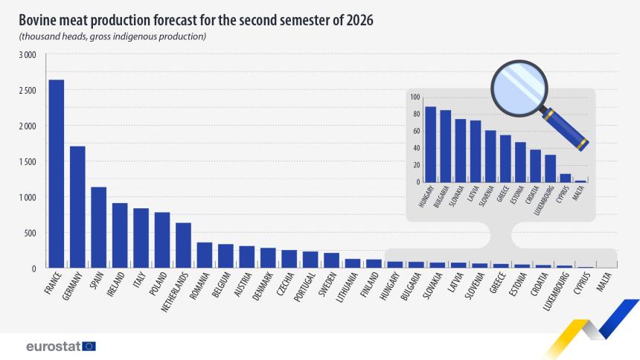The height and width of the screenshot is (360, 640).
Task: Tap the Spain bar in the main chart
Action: [98, 227]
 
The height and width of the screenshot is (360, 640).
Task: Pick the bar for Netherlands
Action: [183, 245]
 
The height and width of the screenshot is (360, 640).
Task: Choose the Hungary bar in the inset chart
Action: [430, 144]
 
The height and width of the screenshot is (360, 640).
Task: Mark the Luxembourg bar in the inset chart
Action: [550, 168]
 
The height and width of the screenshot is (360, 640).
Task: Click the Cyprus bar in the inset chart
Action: [566, 178]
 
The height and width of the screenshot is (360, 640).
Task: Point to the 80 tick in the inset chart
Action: [415, 114]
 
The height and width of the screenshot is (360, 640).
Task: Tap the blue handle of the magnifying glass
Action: [568, 128]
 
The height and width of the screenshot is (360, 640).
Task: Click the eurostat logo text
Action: [53, 347]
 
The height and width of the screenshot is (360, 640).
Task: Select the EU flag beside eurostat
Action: [89, 347]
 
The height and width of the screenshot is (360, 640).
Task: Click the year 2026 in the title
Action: [357, 19]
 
